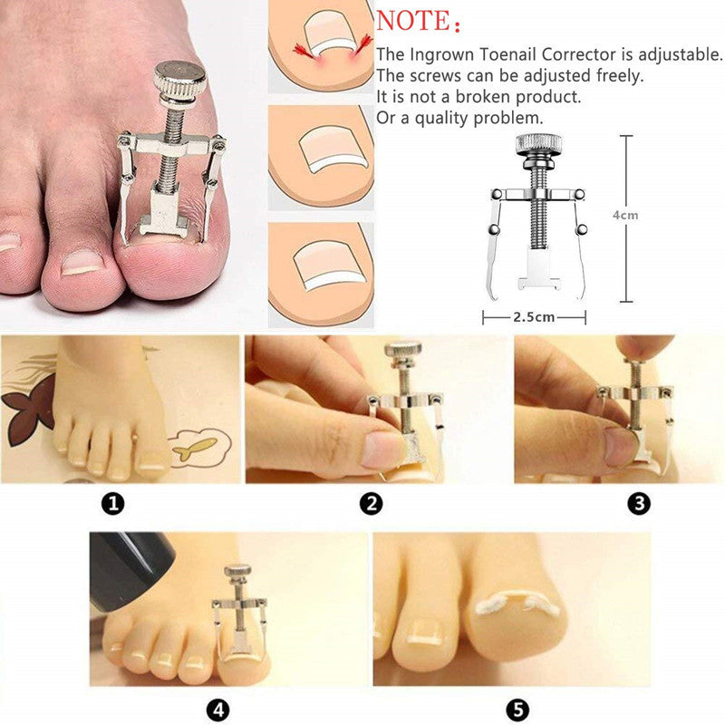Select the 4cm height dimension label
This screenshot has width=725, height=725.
624,216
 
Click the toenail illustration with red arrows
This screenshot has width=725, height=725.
322,47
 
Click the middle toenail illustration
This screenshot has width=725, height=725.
322,155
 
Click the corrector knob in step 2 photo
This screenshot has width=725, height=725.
402,349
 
